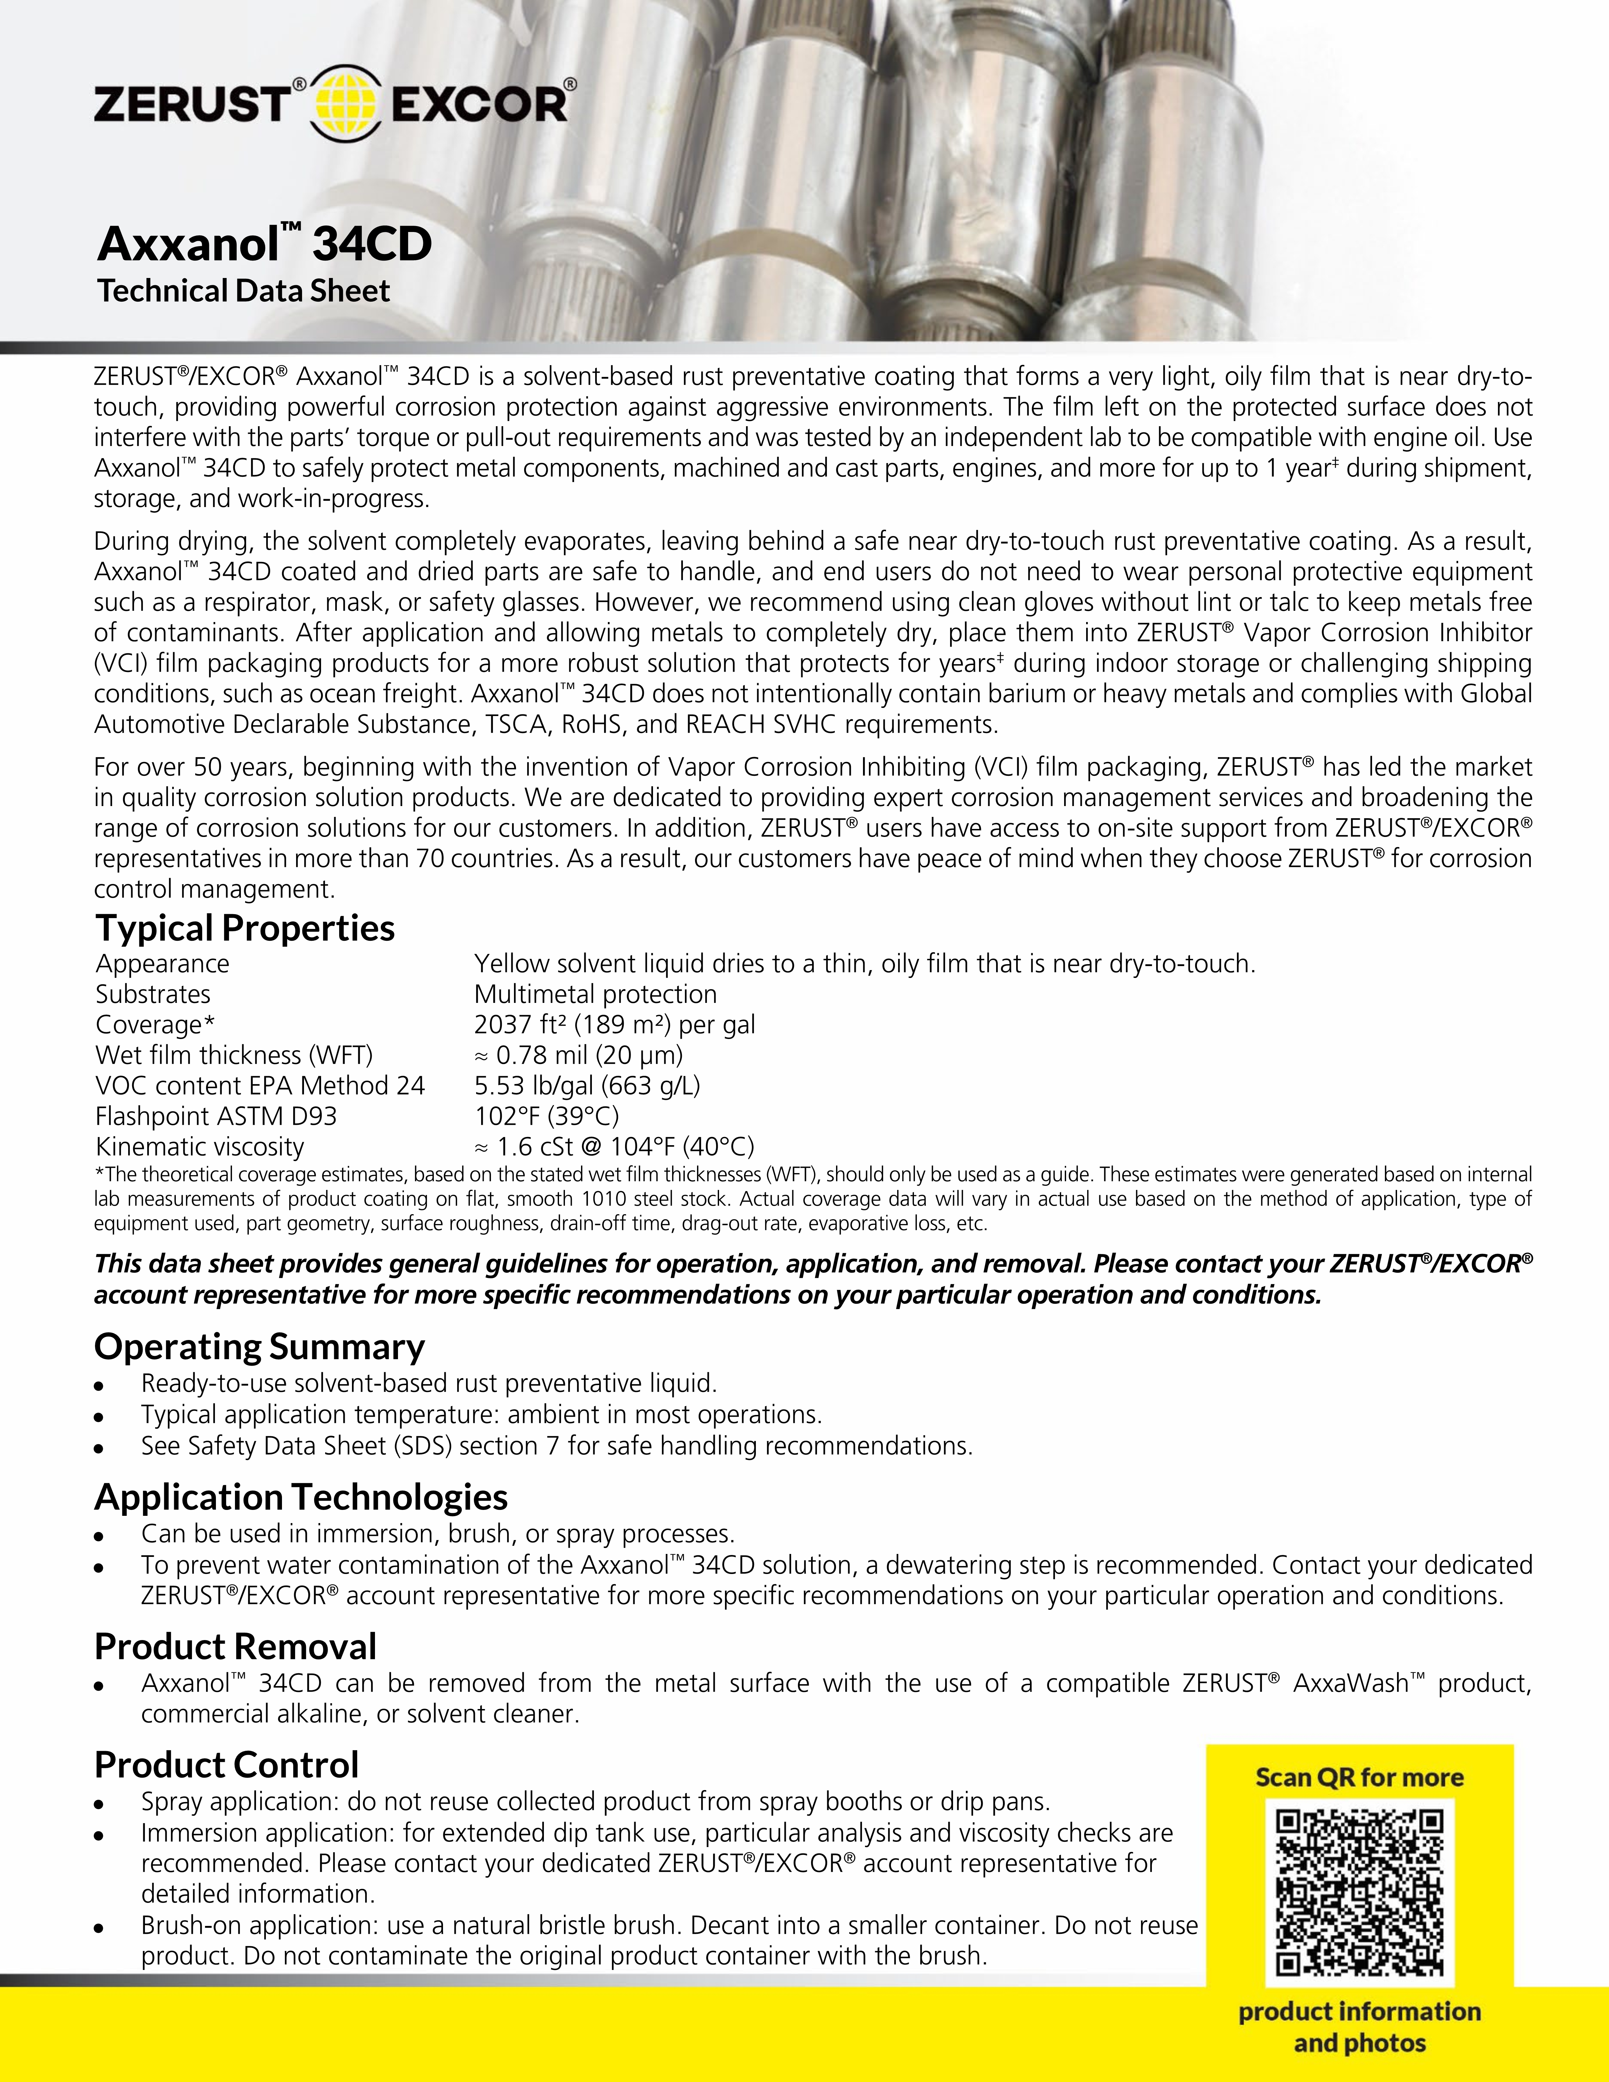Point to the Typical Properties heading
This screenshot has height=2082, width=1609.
[x=245, y=928]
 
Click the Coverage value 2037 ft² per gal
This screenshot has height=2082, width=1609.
[x=614, y=1025]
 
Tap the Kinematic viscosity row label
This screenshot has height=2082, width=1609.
[x=199, y=1147]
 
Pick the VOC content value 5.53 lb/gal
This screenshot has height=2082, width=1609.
[x=586, y=1086]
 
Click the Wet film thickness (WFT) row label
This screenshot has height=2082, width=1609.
[x=234, y=1055]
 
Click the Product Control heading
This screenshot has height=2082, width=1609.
[x=226, y=1765]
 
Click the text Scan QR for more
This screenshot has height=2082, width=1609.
[x=1359, y=1778]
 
